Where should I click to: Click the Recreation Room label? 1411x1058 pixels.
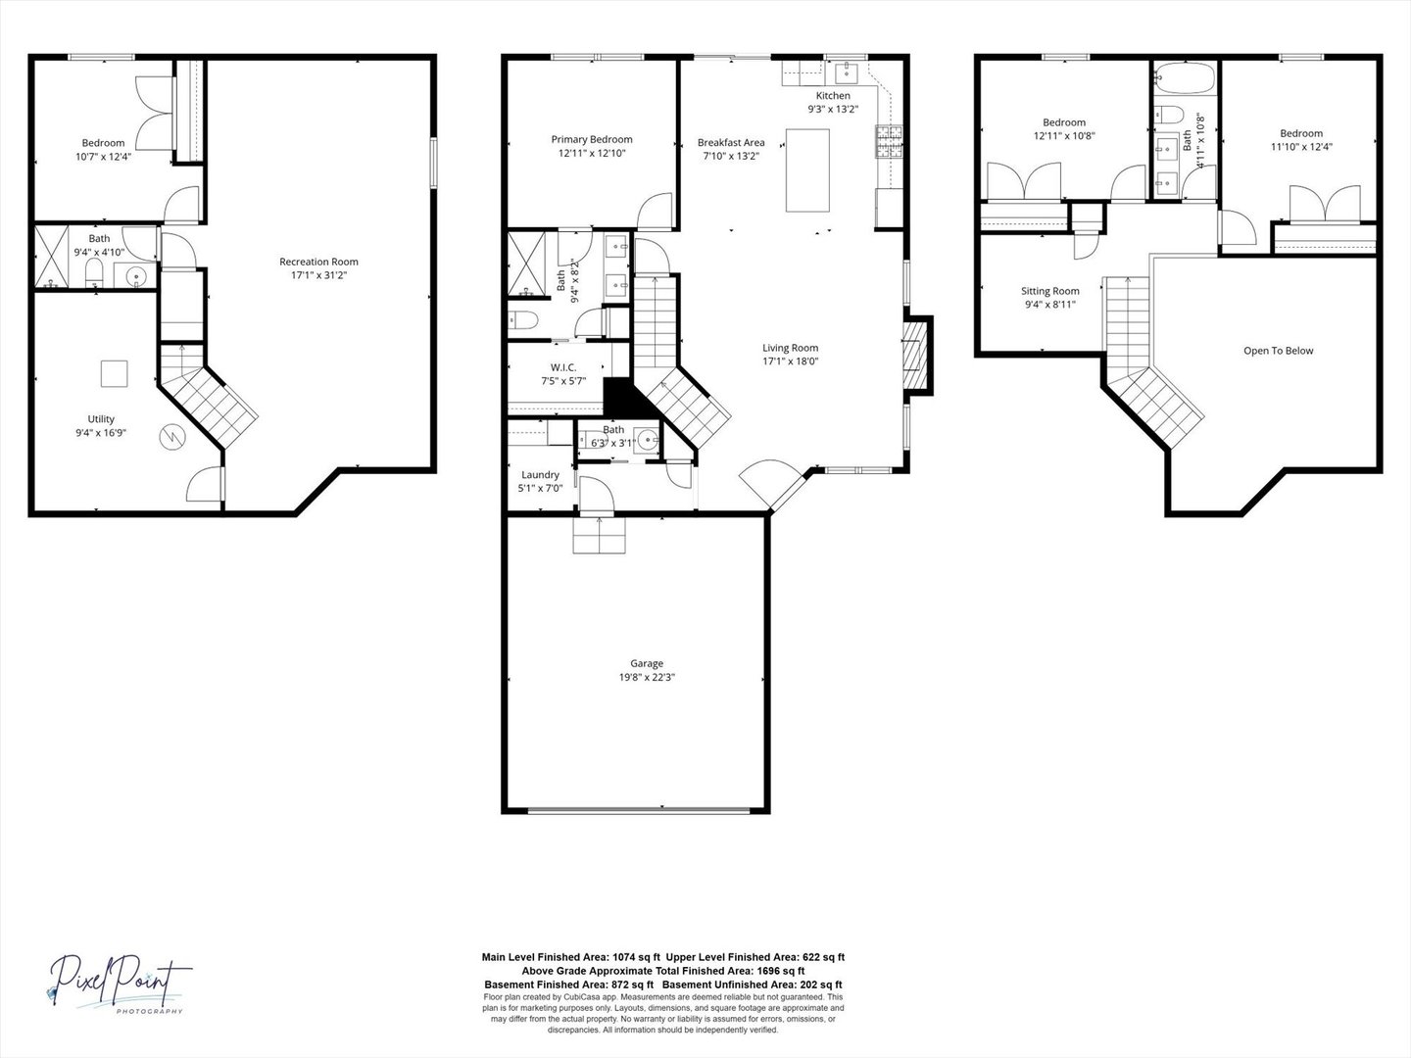pyautogui.click(x=318, y=262)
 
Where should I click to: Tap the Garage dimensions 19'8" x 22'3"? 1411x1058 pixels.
pyautogui.click(x=647, y=677)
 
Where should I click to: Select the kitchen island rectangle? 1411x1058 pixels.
pyautogui.click(x=807, y=170)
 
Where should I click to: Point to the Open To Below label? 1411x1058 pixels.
pyautogui.click(x=1278, y=351)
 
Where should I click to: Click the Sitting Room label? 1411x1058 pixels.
pyautogui.click(x=1049, y=291)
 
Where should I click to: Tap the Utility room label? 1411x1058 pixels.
pyautogui.click(x=101, y=419)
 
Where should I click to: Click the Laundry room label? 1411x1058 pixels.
pyautogui.click(x=540, y=474)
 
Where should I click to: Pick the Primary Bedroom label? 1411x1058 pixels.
pyautogui.click(x=591, y=139)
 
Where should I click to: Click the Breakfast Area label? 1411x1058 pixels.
pyautogui.click(x=731, y=142)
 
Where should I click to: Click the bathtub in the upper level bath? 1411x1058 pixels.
pyautogui.click(x=1185, y=78)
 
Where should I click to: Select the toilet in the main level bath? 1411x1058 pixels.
pyautogui.click(x=523, y=319)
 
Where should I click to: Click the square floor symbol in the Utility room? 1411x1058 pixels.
pyautogui.click(x=114, y=373)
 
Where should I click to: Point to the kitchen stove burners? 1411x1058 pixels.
pyautogui.click(x=889, y=142)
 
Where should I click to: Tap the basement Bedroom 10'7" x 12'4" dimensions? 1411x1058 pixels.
pyautogui.click(x=103, y=156)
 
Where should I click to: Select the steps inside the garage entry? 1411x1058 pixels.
pyautogui.click(x=599, y=536)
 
